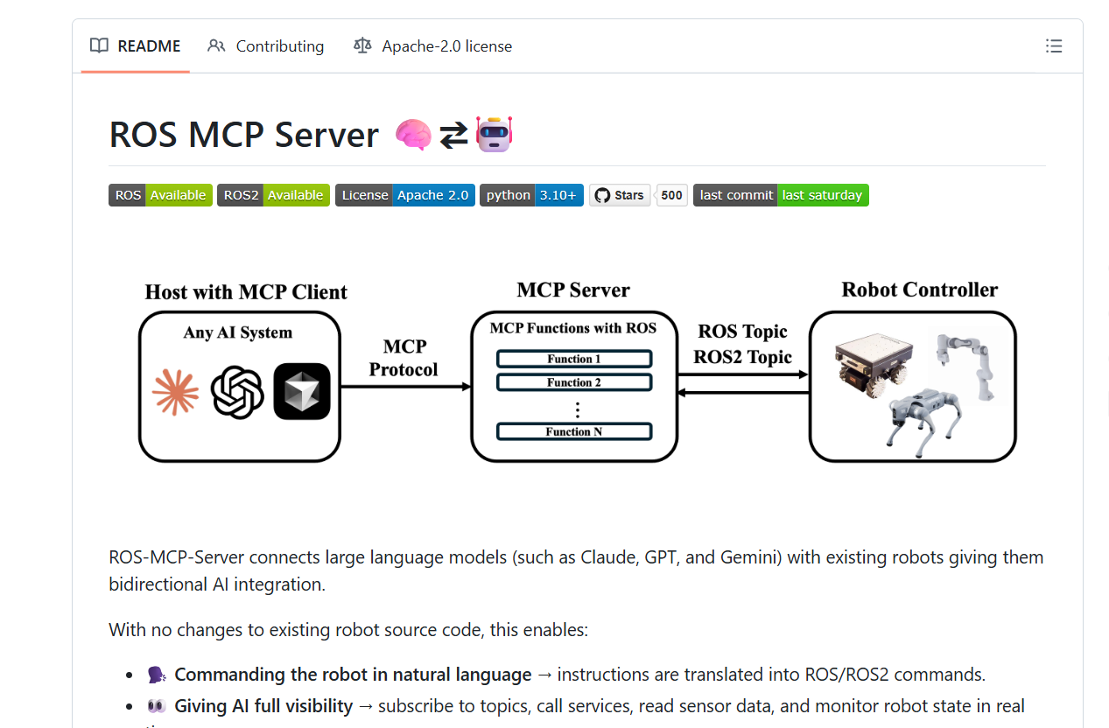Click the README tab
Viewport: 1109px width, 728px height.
[136, 46]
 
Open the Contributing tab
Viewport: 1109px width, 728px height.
[266, 46]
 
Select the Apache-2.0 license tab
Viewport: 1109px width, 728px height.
[432, 46]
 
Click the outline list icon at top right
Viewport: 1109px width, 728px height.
[1054, 46]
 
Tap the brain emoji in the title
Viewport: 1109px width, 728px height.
[413, 135]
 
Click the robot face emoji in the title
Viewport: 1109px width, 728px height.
[494, 135]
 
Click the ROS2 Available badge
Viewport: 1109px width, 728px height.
[273, 195]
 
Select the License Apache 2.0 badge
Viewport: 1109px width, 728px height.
[404, 195]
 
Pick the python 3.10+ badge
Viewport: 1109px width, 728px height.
[530, 195]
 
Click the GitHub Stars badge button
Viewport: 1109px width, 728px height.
[620, 195]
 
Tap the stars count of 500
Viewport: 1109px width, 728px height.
[671, 195]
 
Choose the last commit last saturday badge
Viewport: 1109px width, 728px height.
[780, 195]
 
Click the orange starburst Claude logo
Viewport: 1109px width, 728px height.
[175, 391]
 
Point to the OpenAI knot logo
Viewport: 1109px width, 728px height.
[237, 391]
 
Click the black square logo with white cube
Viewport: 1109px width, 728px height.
[302, 391]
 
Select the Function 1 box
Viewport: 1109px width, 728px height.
[573, 359]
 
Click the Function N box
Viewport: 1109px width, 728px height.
[573, 431]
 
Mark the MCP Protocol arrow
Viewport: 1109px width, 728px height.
[405, 386]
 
